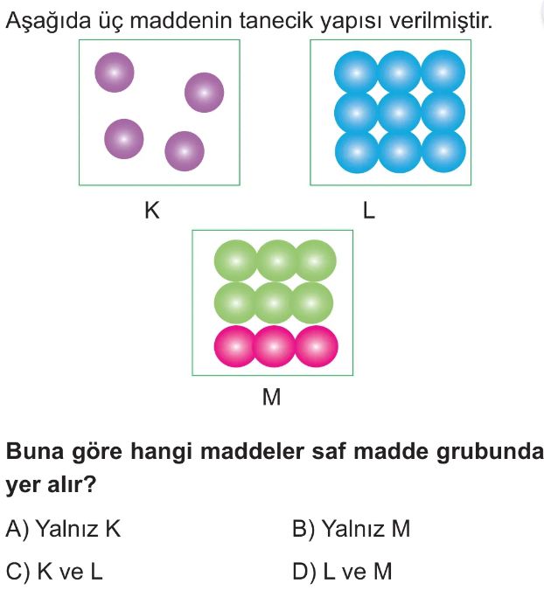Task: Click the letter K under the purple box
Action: pyautogui.click(x=151, y=210)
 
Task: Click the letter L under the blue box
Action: pyautogui.click(x=368, y=211)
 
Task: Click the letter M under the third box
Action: pyautogui.click(x=272, y=399)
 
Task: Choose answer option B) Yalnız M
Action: pyautogui.click(x=352, y=529)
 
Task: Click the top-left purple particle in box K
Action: pyautogui.click(x=115, y=72)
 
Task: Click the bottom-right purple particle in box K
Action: pyautogui.click(x=185, y=151)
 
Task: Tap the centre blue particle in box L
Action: pyautogui.click(x=401, y=111)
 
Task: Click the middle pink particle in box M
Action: pyautogui.click(x=274, y=346)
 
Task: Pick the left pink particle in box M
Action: pyautogui.click(x=235, y=346)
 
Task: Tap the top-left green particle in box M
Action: pyautogui.click(x=235, y=260)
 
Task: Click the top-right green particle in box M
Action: pyautogui.click(x=315, y=260)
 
